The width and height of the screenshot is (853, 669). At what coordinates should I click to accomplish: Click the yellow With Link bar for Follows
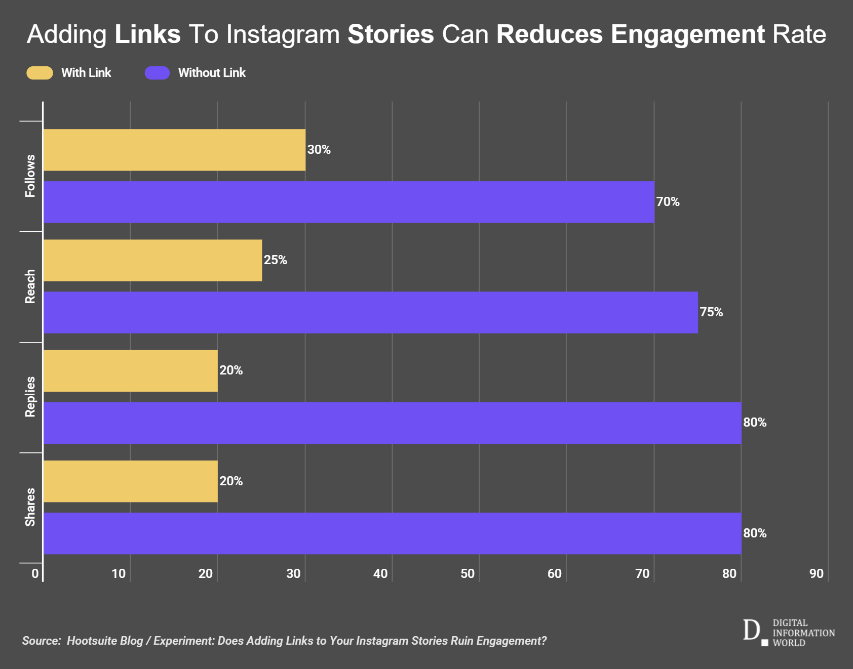(174, 150)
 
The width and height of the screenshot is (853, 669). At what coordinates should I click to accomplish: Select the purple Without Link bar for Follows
(348, 202)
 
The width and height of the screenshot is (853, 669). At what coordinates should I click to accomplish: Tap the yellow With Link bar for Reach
(152, 260)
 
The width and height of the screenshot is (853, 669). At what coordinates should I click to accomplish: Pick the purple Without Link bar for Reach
(370, 312)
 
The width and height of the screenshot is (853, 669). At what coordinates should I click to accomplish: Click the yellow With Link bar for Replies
(130, 371)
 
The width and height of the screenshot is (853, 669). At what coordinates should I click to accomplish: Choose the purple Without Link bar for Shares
(392, 533)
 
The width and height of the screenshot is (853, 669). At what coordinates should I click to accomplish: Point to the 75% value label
(711, 312)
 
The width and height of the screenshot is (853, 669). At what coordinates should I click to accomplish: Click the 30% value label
(319, 150)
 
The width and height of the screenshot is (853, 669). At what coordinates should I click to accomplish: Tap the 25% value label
(275, 260)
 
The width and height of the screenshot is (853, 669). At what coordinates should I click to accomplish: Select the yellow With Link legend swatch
(40, 73)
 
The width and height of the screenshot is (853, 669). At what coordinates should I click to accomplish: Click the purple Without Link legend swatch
(157, 73)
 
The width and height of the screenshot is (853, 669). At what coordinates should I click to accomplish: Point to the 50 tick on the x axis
(468, 573)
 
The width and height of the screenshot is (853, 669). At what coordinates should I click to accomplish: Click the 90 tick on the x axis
(816, 573)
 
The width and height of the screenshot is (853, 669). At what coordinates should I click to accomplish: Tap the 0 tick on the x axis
(35, 573)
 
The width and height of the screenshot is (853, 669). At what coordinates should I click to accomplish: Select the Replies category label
(30, 397)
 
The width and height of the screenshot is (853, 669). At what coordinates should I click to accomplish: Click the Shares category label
(30, 507)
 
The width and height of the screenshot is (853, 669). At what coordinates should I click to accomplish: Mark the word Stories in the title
(391, 34)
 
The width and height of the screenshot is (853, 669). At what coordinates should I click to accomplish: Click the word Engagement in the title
(687, 34)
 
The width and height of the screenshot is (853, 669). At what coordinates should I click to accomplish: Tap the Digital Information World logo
(789, 633)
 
